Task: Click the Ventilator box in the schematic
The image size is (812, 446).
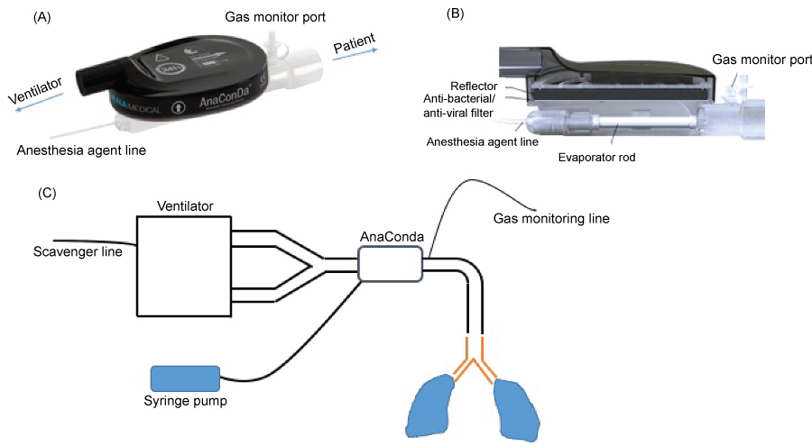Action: [x=184, y=266]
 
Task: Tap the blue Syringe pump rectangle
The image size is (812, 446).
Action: [x=185, y=378]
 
